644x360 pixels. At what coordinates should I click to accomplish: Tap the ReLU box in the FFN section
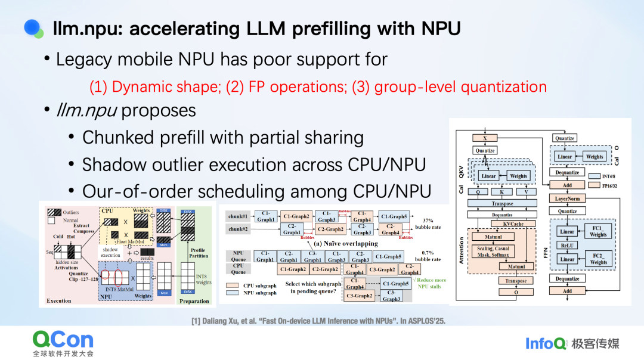click(x=567, y=245)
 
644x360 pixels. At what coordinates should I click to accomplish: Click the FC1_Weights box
click(x=599, y=231)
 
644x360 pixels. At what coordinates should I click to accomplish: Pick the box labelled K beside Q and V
click(x=501, y=192)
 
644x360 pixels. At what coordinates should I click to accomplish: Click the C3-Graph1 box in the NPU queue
click(x=312, y=256)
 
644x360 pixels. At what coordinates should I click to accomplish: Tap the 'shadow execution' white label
click(x=110, y=253)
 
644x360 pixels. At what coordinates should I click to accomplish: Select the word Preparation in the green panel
click(x=194, y=301)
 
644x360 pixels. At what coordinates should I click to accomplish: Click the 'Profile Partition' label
click(x=199, y=253)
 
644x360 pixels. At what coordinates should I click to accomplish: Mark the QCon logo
click(x=63, y=341)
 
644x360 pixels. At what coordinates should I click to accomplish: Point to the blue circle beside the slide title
click(x=32, y=27)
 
